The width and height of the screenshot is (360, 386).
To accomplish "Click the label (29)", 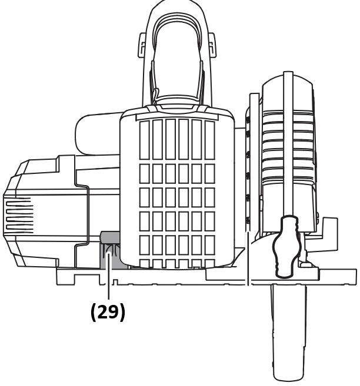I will point(108,312).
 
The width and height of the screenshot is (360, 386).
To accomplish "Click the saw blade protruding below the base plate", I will point(288,329).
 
